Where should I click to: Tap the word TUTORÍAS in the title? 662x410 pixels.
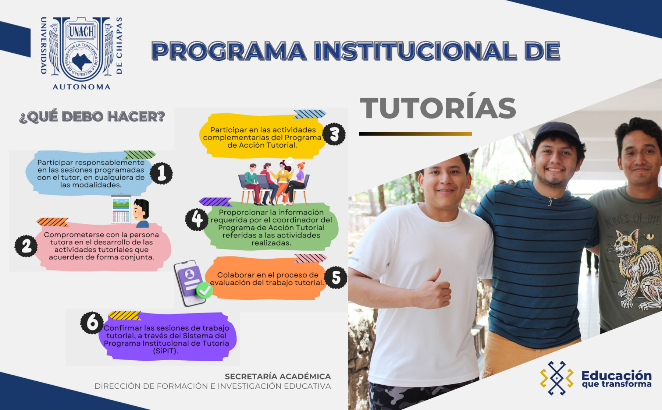coord(438,108)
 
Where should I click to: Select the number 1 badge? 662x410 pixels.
coord(161,173)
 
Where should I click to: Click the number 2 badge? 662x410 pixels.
coord(26,245)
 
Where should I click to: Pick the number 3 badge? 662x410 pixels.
coord(334,134)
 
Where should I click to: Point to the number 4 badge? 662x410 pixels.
coord(197,219)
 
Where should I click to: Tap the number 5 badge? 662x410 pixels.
coord(336,277)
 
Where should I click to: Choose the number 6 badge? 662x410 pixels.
coord(92,323)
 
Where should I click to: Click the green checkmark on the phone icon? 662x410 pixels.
coord(204,290)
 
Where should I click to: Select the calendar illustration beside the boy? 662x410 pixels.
coord(121,209)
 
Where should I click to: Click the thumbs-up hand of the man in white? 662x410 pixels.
coord(435,290)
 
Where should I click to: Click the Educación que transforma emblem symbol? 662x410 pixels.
coord(557,378)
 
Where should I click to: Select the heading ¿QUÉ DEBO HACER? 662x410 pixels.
coord(92,117)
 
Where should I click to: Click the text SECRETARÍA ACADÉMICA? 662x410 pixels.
coord(278,377)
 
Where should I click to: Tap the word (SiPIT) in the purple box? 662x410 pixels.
coord(165,351)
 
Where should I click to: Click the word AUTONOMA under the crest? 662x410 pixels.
coord(81,87)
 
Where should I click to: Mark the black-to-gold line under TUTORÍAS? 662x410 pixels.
coord(416,134)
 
